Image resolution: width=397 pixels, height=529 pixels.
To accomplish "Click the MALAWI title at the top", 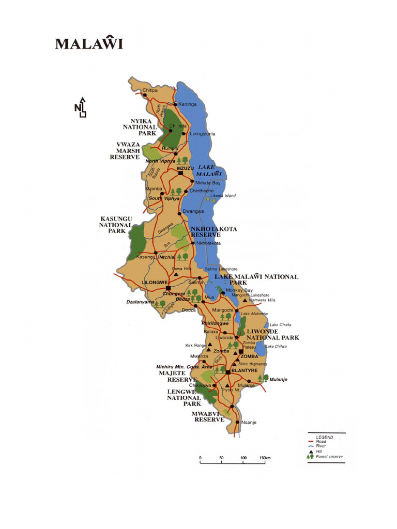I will (x=89, y=43).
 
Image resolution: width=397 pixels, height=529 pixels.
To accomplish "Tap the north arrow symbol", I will (x=81, y=107).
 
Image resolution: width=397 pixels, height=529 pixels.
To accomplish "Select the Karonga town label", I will (x=188, y=104).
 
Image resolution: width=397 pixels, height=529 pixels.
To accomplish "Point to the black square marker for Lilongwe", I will (x=168, y=288).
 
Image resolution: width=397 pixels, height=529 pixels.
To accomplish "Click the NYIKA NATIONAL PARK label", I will (x=140, y=127).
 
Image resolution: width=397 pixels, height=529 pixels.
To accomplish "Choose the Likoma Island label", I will (x=223, y=196).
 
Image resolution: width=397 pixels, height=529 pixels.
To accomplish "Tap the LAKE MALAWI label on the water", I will (x=209, y=170).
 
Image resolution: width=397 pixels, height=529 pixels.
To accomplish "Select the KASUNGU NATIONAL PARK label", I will (x=116, y=225).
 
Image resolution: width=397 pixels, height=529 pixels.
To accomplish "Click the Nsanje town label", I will (x=249, y=422).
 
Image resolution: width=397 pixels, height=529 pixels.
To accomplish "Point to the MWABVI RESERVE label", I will (x=209, y=416).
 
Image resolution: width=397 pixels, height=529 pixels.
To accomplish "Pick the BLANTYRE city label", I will (x=244, y=371).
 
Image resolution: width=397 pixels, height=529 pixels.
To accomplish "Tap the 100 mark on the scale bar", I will (x=243, y=458).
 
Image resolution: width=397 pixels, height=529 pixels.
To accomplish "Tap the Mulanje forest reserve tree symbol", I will (x=263, y=379).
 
